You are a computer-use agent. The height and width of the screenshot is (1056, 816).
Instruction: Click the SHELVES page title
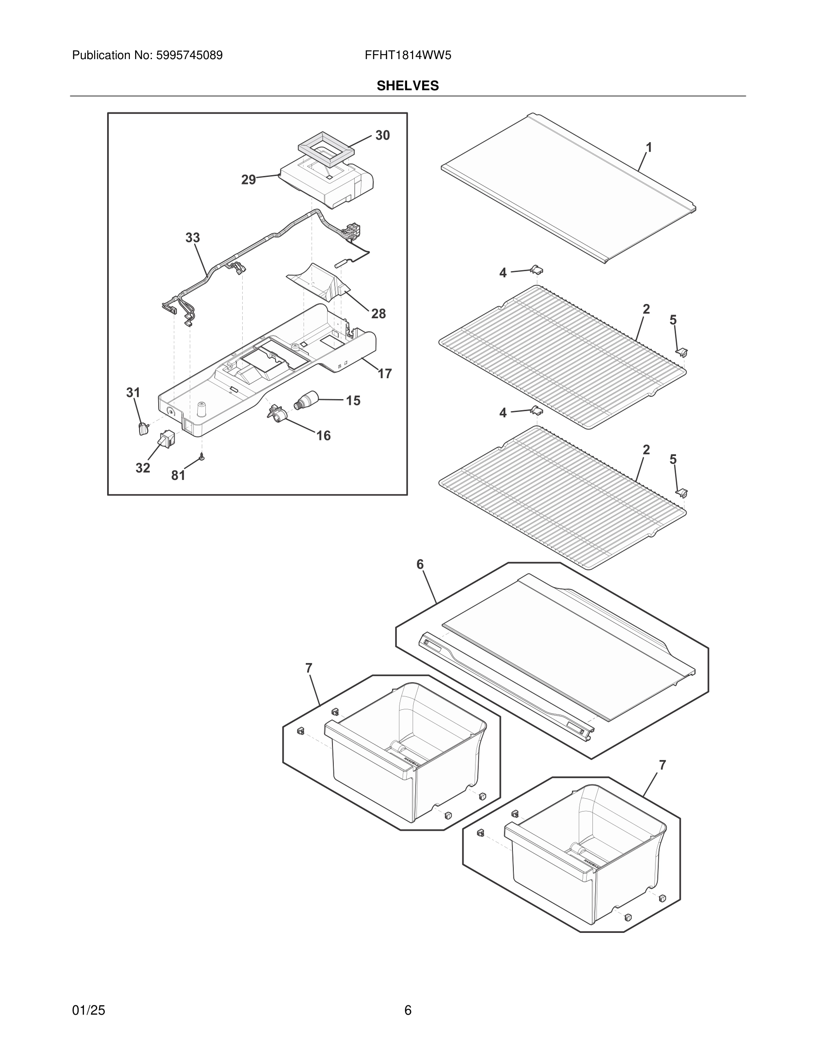pos(408,86)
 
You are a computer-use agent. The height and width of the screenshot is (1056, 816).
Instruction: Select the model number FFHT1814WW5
pos(408,56)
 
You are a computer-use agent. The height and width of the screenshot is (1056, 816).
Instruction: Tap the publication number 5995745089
pos(189,56)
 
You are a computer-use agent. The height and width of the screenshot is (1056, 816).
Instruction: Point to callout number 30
pos(382,136)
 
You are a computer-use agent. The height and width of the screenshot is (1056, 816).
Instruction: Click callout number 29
pos(248,180)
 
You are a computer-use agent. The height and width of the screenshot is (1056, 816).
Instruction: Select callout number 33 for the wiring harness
pos(192,238)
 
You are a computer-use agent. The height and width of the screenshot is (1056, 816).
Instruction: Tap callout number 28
pos(379,314)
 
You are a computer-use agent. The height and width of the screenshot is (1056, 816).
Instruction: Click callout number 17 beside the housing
pos(384,373)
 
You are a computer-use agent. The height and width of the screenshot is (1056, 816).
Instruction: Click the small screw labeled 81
pos(202,457)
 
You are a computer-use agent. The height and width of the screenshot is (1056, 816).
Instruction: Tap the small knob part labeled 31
pos(143,428)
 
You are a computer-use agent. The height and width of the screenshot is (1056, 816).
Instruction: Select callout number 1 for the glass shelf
pos(649,148)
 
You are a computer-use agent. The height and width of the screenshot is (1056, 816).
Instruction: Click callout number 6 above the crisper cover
pos(420,564)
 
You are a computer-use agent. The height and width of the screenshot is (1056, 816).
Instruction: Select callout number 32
pos(143,468)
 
